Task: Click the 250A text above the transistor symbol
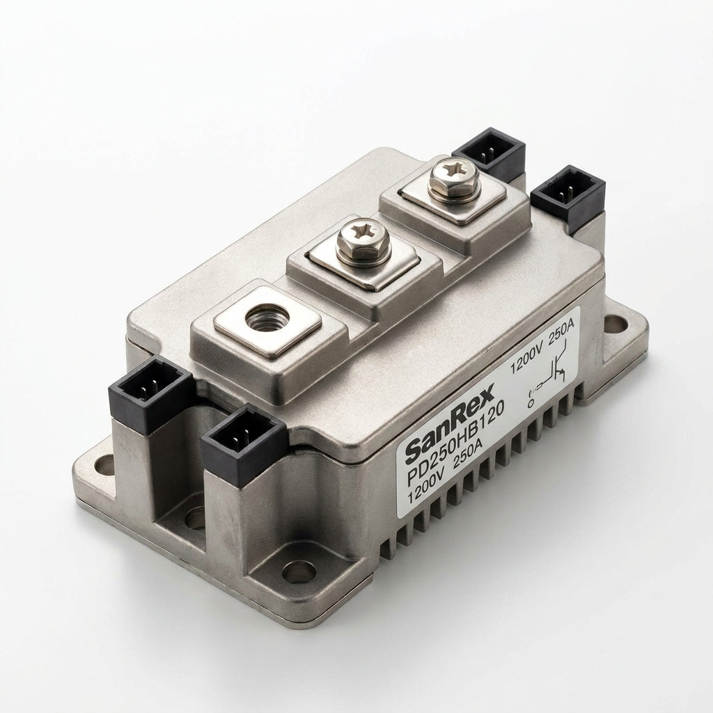pyautogui.click(x=563, y=331)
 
